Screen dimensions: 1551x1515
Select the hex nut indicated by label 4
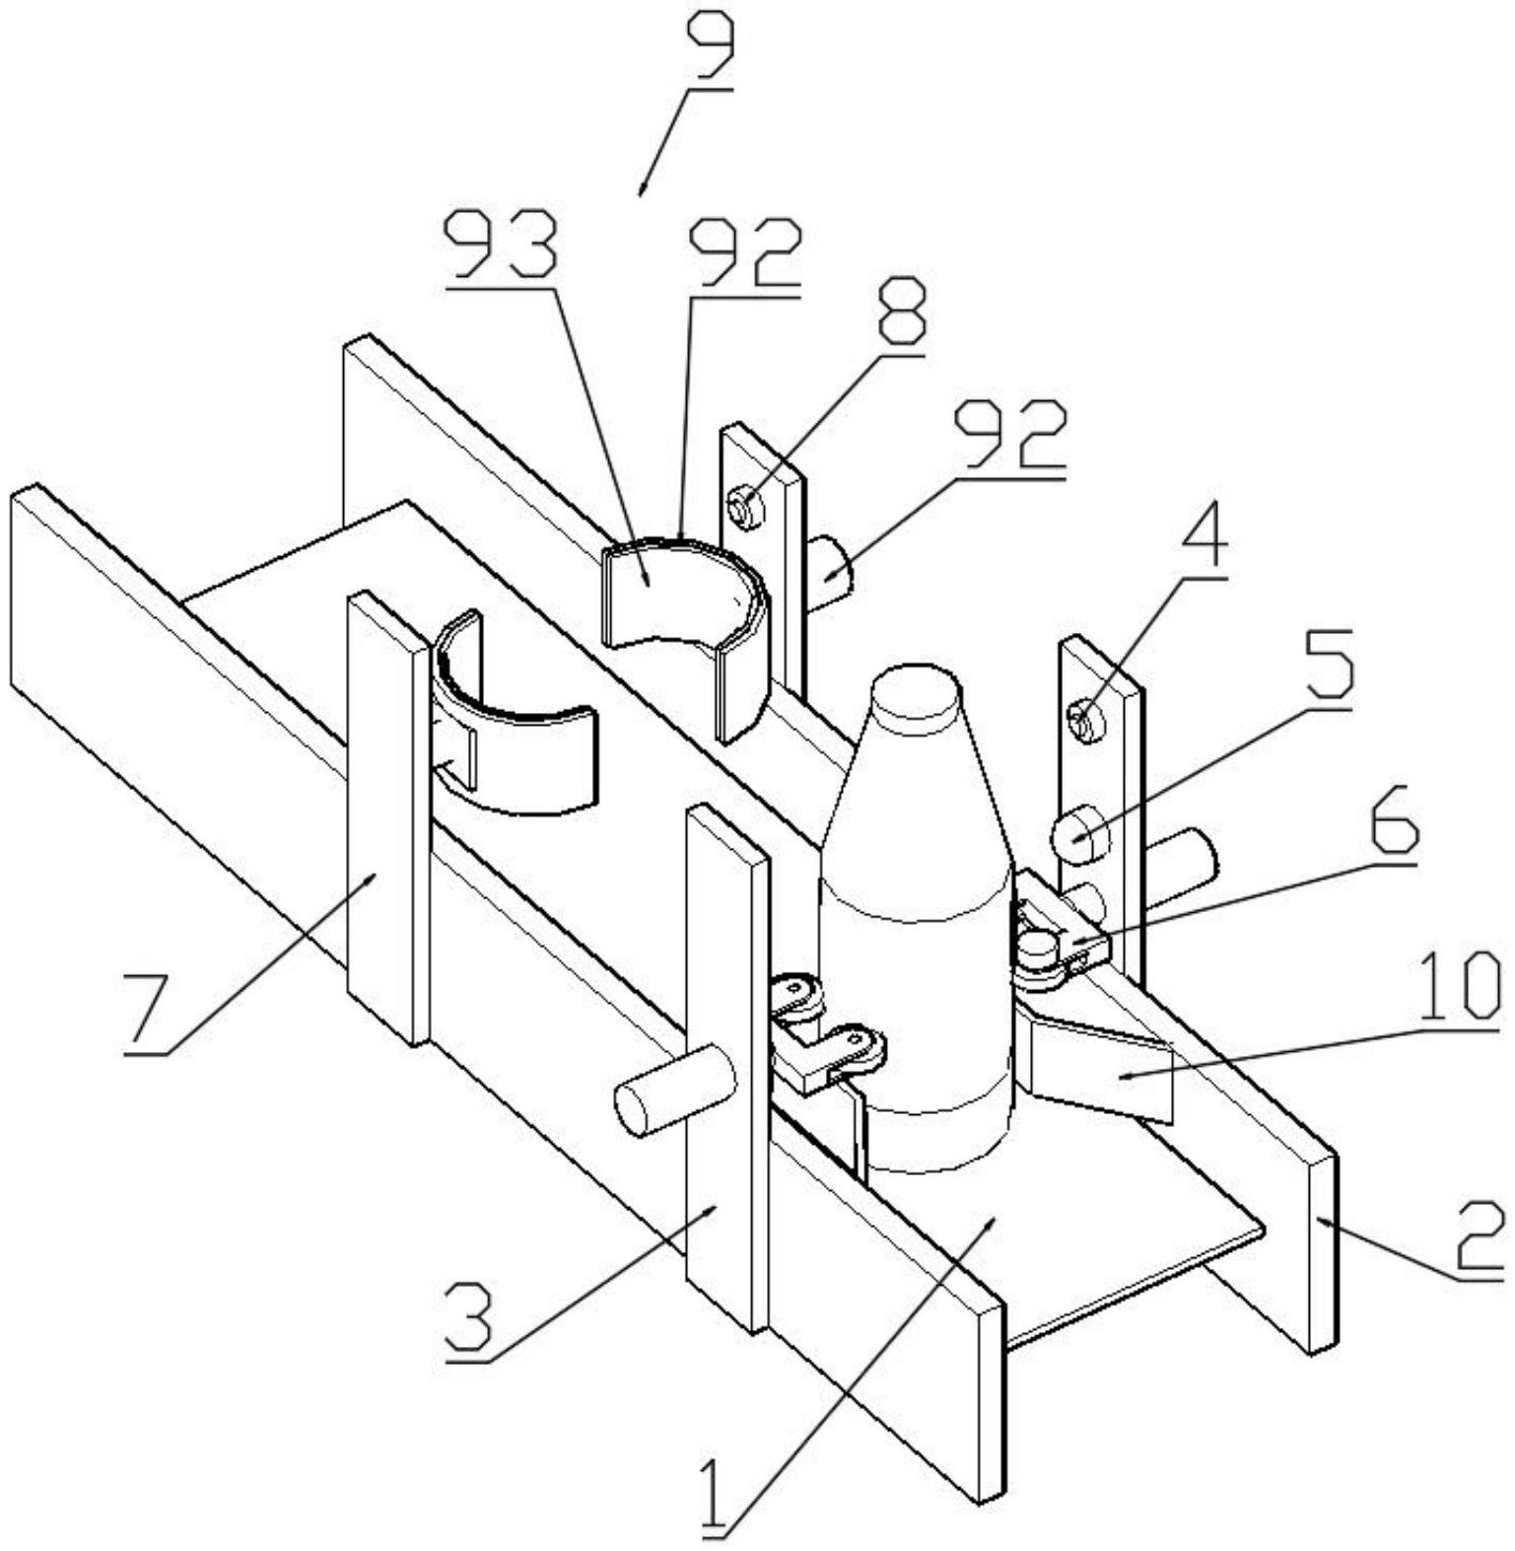point(1086,720)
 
